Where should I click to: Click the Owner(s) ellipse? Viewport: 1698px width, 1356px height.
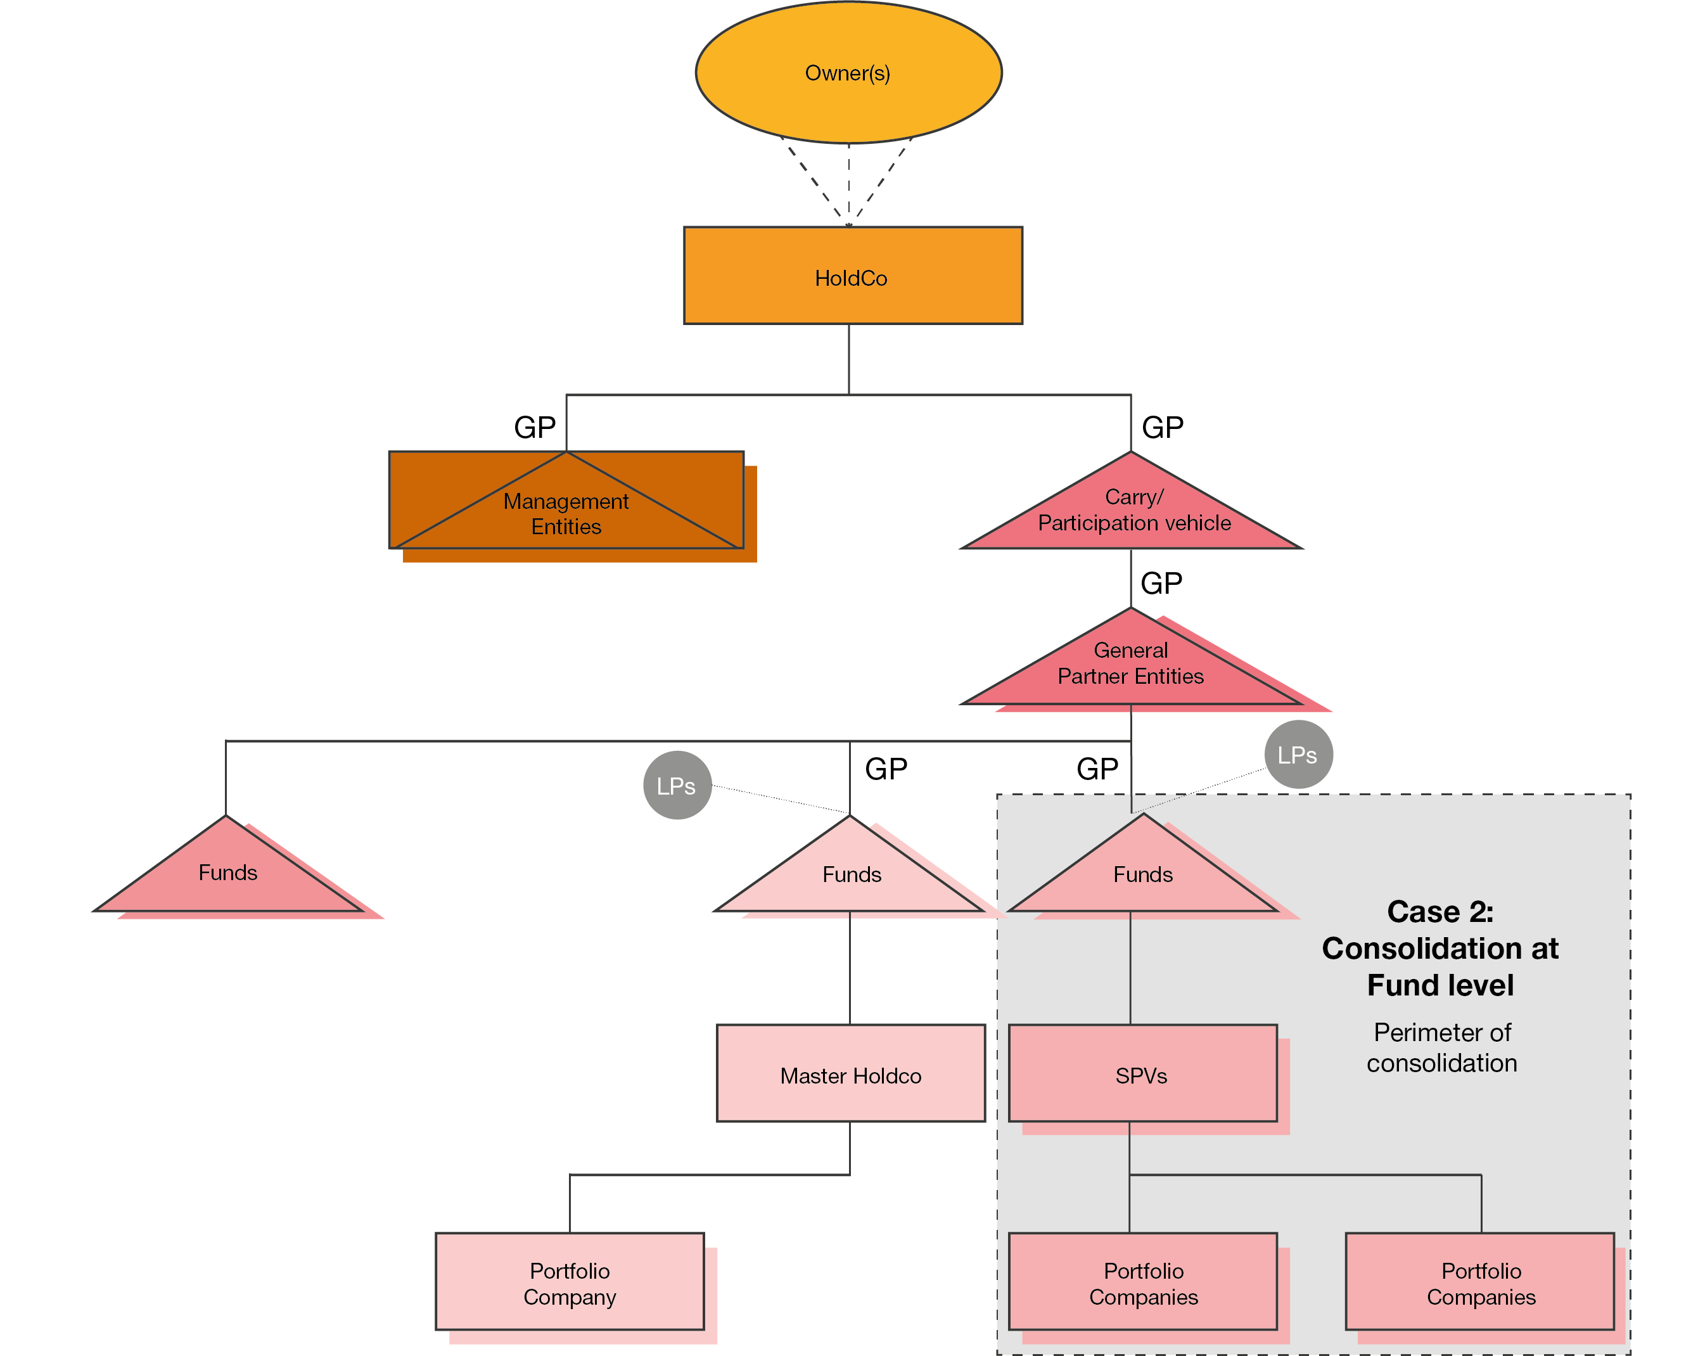848,72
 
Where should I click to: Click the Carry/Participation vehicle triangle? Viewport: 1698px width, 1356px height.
1132,510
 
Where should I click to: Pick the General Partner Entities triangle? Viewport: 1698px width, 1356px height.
1130,665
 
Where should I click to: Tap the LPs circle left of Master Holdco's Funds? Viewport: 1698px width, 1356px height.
677,785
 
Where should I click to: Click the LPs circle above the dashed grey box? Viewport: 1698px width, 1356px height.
1298,755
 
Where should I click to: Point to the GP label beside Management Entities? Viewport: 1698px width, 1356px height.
535,428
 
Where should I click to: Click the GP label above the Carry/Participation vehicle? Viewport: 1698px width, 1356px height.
1163,428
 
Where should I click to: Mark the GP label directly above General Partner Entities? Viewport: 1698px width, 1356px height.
1161,584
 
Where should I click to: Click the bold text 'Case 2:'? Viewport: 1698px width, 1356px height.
1439,911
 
